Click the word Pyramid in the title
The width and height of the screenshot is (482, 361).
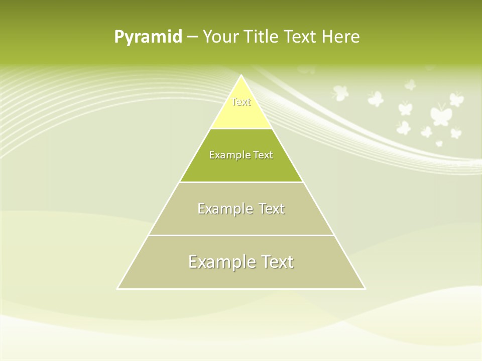(148, 37)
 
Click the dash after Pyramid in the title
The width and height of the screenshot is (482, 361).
(192, 37)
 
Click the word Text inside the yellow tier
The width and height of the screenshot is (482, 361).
(241, 102)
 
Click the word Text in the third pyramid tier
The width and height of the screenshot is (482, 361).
(272, 209)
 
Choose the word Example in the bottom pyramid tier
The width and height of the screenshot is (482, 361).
(220, 262)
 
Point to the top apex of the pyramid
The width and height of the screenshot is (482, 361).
(242, 76)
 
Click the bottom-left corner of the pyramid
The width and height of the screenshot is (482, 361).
(118, 288)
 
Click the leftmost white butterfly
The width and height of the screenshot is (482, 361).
(340, 92)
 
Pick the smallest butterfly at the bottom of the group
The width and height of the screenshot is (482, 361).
(439, 143)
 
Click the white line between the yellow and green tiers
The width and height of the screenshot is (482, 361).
(241, 129)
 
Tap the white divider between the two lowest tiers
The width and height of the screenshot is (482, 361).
(241, 235)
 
